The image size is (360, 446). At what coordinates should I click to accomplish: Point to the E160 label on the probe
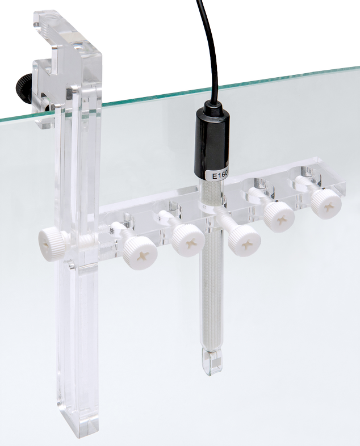218,174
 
